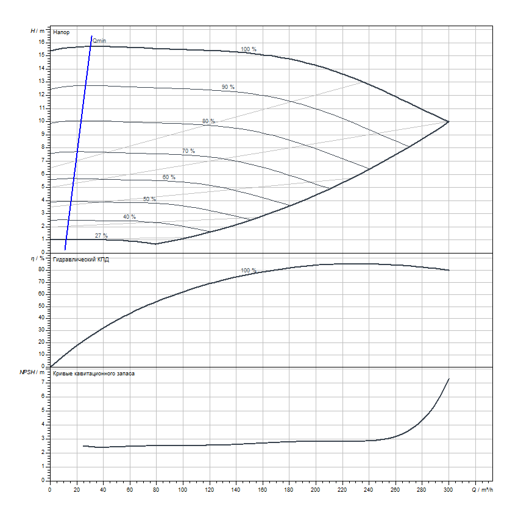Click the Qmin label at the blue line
pos(99,40)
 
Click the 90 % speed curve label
pos(228,87)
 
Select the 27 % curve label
pos(101,235)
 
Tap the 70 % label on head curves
pos(188,151)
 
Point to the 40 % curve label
pos(129,217)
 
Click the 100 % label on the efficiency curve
pos(249,271)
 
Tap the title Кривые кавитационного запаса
pos(94,374)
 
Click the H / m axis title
pos(38,30)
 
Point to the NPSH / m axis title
pos(32,372)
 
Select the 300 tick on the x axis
pos(449,489)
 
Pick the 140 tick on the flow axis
pos(236,489)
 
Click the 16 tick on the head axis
pos(42,42)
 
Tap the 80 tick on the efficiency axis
pos(42,269)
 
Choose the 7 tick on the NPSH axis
pos(44,382)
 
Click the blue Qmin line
pos(78,146)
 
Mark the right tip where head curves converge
pos(449,121)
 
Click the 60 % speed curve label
pos(169,177)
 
